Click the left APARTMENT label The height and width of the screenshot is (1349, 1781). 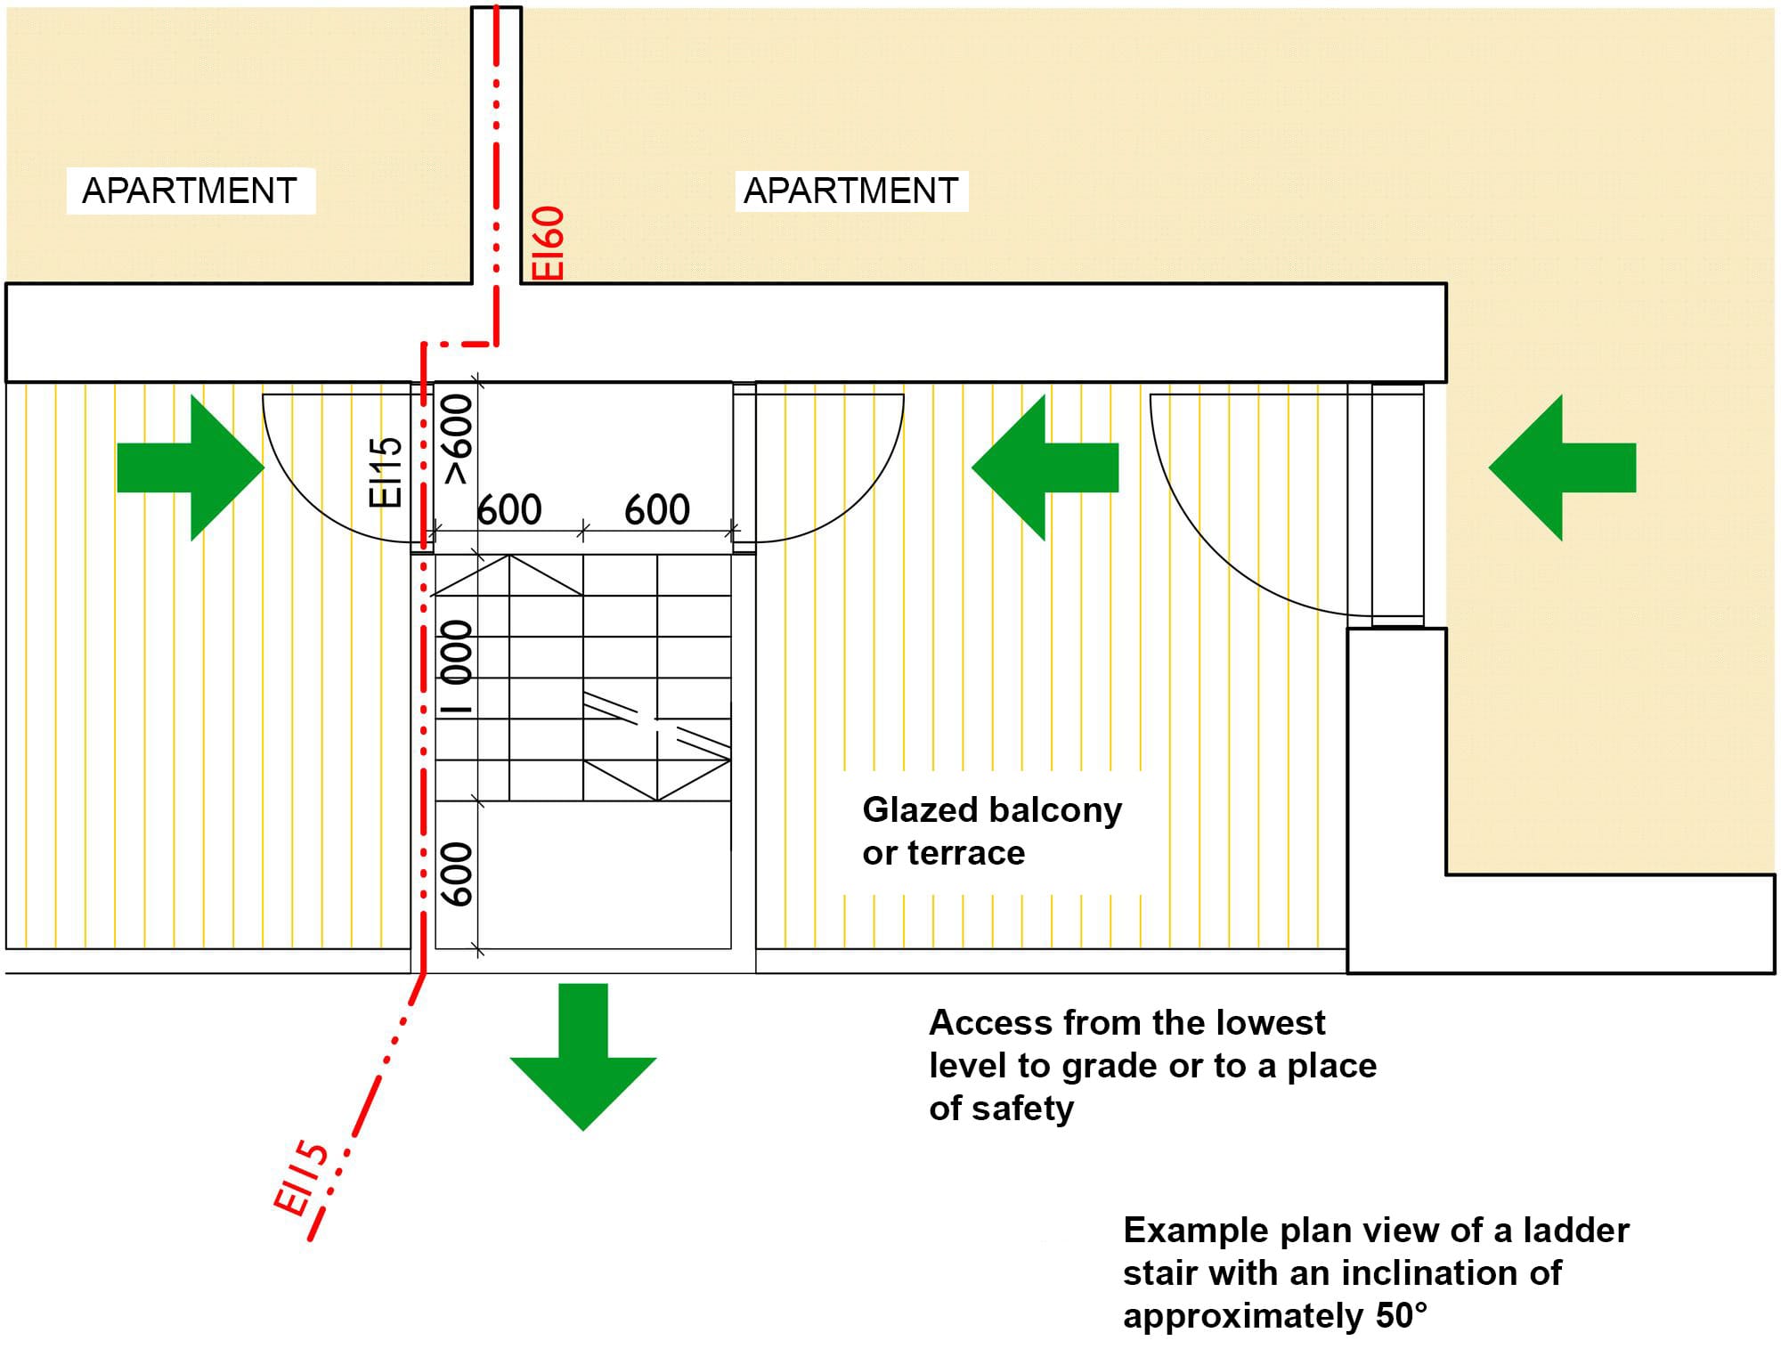click(190, 191)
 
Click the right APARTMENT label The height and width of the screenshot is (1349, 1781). click(851, 191)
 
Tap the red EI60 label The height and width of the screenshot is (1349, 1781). click(549, 243)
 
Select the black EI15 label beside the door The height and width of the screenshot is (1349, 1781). click(386, 472)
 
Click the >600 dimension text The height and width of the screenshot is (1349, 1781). click(457, 440)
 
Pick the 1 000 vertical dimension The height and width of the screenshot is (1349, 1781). click(457, 668)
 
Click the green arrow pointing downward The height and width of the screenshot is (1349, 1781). click(583, 1056)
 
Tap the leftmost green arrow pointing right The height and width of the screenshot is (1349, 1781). click(191, 467)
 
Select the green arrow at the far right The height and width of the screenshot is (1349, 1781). click(1562, 467)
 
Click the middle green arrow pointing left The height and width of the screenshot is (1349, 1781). click(1045, 467)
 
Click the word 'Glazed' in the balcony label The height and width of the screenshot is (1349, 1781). click(920, 810)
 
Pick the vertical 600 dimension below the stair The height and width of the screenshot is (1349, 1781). click(457, 874)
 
